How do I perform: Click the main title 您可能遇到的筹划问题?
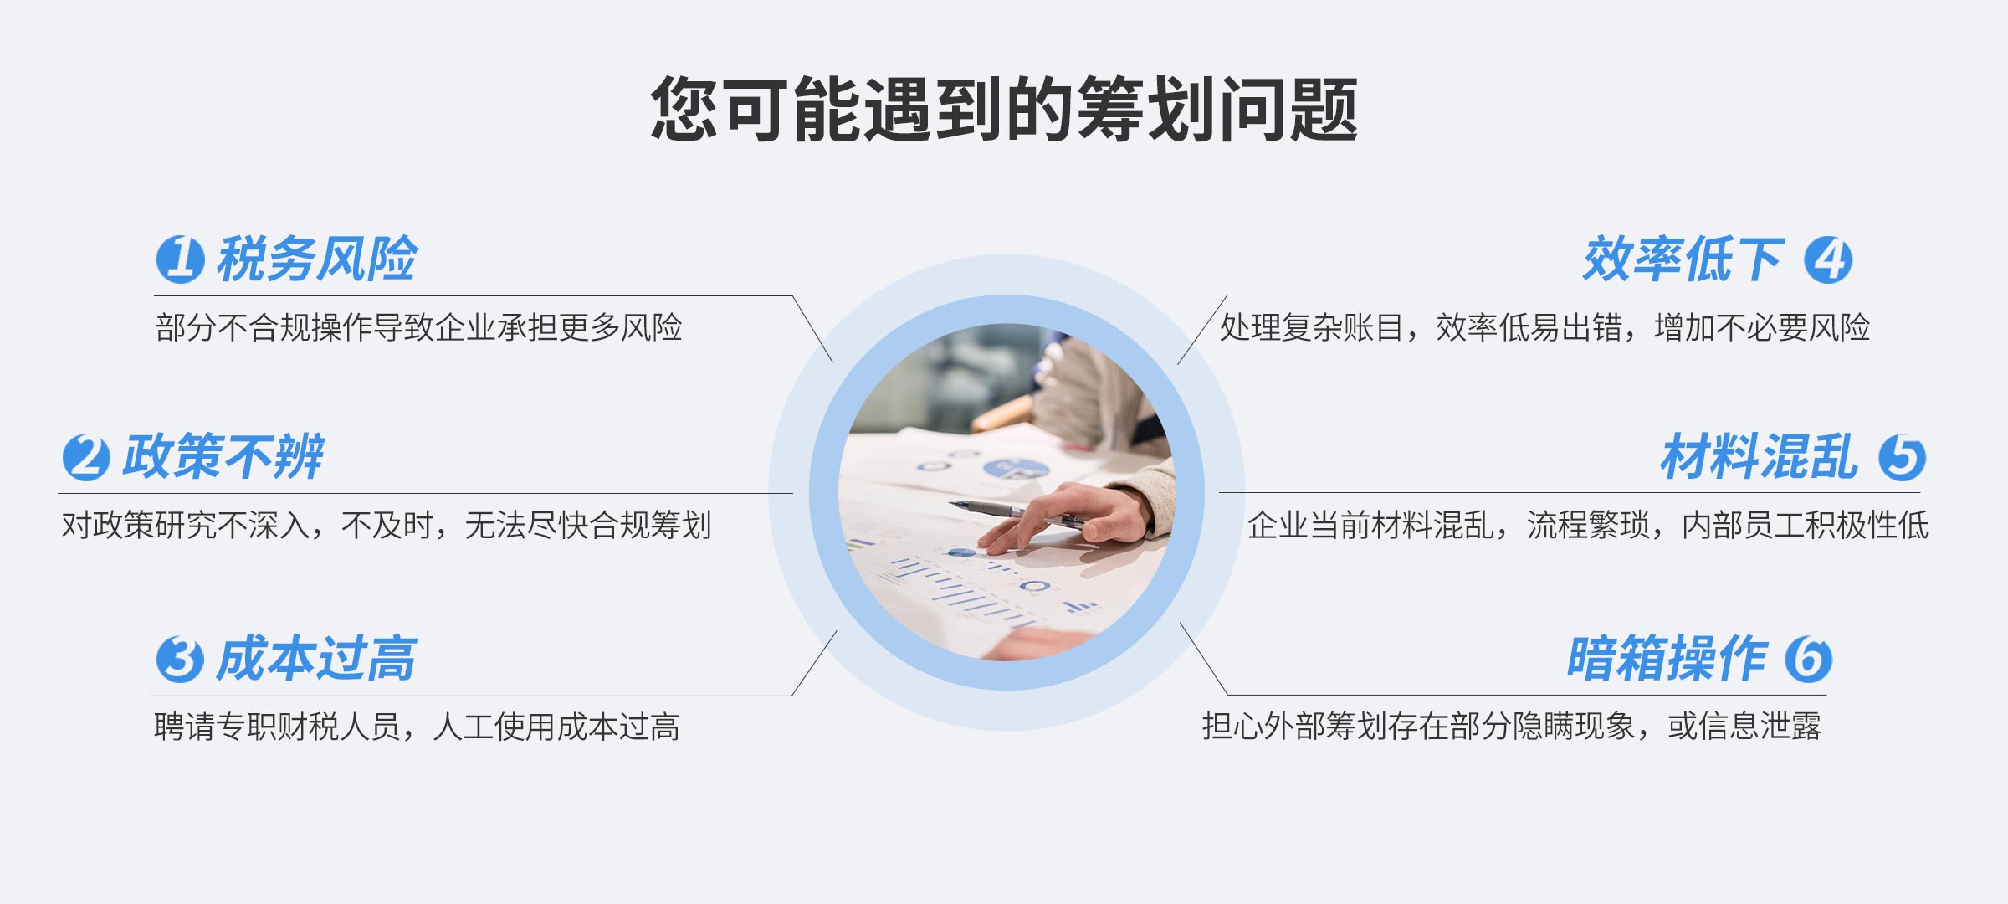click(1004, 109)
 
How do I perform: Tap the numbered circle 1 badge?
click(180, 259)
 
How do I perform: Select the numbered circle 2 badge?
click(86, 457)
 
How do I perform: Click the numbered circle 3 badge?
click(180, 659)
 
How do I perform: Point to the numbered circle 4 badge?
click(1828, 259)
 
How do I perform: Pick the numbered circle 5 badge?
click(1902, 457)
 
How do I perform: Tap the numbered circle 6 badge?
click(1808, 659)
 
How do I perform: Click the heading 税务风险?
click(317, 259)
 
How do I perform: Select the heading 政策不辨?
click(223, 456)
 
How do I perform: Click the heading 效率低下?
click(1683, 259)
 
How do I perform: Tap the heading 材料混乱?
click(1760, 456)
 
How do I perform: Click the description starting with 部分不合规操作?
click(419, 327)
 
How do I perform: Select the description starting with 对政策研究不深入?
click(387, 526)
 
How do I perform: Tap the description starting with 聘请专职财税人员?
click(417, 727)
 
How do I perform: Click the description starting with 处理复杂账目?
click(1544, 327)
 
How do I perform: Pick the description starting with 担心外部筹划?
click(1512, 726)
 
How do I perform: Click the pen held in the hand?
click(1017, 512)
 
